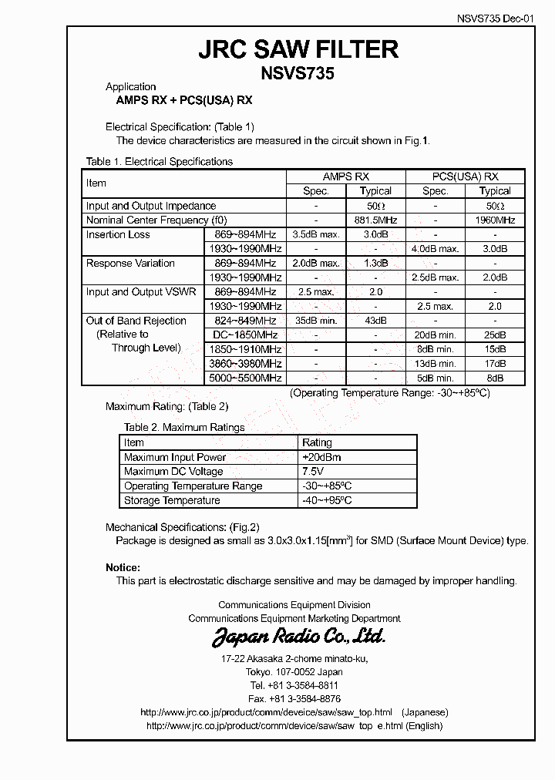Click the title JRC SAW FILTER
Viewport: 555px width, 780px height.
(298, 49)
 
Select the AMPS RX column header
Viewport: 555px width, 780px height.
(345, 177)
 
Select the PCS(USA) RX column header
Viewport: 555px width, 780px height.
(465, 177)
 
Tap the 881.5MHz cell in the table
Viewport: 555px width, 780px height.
(375, 220)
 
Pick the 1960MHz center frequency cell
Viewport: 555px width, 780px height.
(495, 220)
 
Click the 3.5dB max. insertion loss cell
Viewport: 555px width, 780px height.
(315, 234)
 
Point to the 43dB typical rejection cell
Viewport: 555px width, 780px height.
(375, 321)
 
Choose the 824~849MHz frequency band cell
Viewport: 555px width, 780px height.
(245, 321)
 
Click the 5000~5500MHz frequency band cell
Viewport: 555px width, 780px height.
(245, 378)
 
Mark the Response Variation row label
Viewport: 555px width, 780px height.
(130, 264)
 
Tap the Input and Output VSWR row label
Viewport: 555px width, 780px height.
(141, 292)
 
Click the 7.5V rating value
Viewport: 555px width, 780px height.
(313, 472)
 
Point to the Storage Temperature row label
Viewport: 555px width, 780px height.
(172, 501)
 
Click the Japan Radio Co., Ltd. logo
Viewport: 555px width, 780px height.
(298, 637)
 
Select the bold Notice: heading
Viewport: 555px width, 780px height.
(123, 568)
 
